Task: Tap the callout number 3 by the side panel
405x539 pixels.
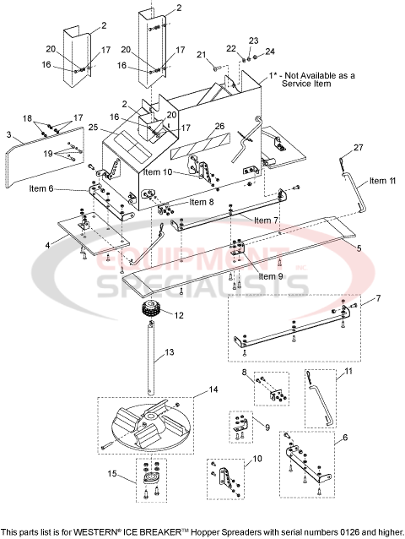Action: click(x=9, y=133)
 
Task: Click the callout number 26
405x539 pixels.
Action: click(x=219, y=127)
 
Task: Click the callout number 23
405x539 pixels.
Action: click(x=252, y=41)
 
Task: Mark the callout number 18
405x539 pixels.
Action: click(x=27, y=117)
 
